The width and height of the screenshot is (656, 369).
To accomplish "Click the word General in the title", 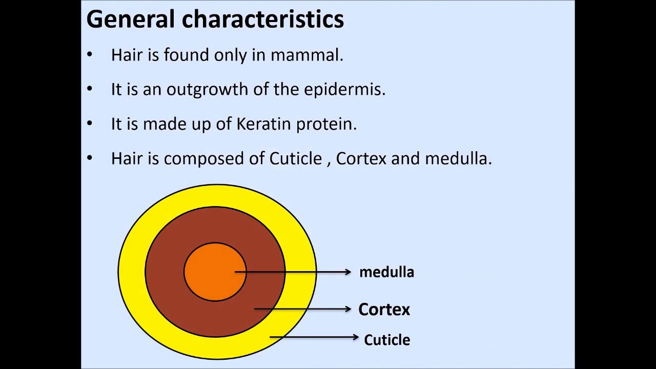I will (x=131, y=19).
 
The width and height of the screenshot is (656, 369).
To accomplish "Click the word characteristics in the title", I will (x=263, y=19).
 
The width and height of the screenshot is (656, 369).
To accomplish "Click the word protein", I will (x=326, y=125).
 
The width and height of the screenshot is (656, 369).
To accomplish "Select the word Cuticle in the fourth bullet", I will (x=296, y=158).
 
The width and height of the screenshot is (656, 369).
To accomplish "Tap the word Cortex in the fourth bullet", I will (x=361, y=158).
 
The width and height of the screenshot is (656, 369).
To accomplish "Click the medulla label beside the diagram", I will (x=386, y=272).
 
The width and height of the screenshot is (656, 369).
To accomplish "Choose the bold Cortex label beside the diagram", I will (x=384, y=310).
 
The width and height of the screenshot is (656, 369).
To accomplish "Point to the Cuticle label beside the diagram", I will (x=387, y=340).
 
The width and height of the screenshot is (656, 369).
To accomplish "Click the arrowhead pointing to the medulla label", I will (x=348, y=272).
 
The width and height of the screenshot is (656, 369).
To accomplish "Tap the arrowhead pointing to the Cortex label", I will (x=348, y=309).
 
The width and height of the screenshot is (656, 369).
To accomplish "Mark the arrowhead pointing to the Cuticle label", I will (x=356, y=337).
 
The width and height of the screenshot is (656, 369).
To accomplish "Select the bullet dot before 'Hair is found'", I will (x=90, y=54).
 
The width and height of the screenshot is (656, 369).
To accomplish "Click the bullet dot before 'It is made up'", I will (x=90, y=124).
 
